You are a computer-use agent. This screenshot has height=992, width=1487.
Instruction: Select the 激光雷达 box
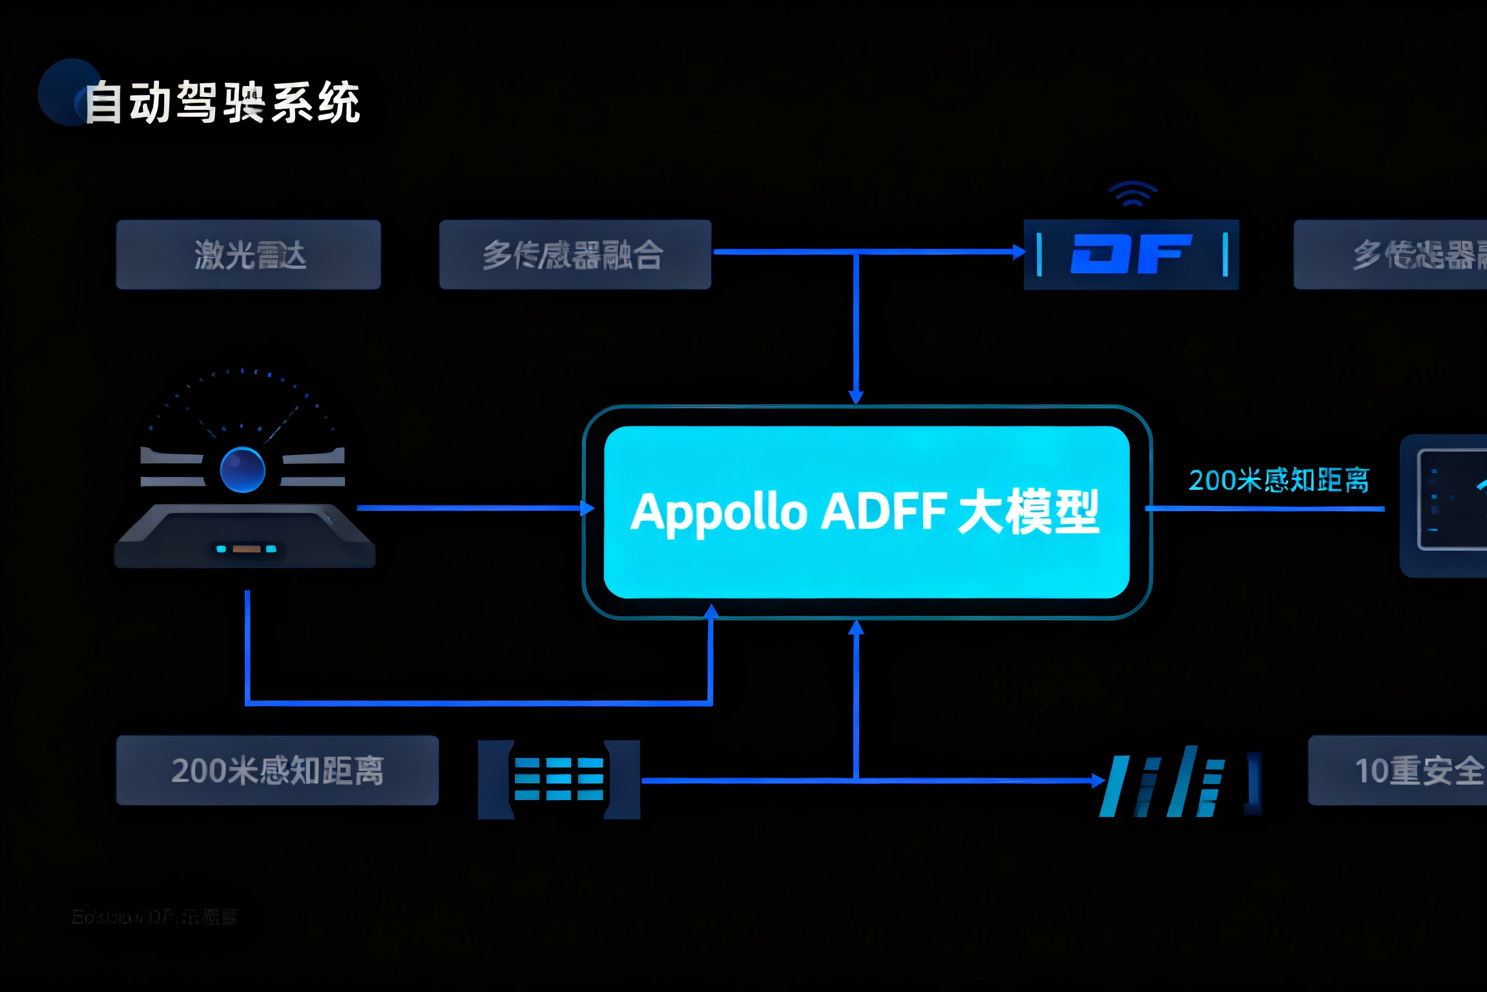click(249, 255)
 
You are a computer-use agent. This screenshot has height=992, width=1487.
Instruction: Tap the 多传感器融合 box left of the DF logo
click(575, 255)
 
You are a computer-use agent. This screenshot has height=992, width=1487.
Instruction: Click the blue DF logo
click(1130, 254)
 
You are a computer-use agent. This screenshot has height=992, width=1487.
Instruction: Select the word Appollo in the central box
click(718, 512)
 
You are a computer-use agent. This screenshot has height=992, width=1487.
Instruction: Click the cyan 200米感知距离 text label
click(1278, 480)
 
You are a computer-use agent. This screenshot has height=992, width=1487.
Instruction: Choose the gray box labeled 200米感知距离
click(277, 770)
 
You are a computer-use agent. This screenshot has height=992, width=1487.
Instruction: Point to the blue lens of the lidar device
click(242, 470)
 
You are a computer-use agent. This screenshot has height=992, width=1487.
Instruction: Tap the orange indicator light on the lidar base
click(246, 549)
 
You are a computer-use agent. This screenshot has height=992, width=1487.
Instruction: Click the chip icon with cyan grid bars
click(559, 779)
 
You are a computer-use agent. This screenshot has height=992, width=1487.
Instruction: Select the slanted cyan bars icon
click(1163, 782)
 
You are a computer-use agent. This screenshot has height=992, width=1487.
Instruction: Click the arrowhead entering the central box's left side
click(587, 508)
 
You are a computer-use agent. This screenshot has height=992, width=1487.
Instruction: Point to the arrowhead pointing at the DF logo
click(1019, 251)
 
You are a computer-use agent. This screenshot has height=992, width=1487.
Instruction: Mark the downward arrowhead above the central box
click(856, 396)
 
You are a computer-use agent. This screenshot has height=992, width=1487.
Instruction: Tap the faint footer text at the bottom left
click(154, 916)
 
